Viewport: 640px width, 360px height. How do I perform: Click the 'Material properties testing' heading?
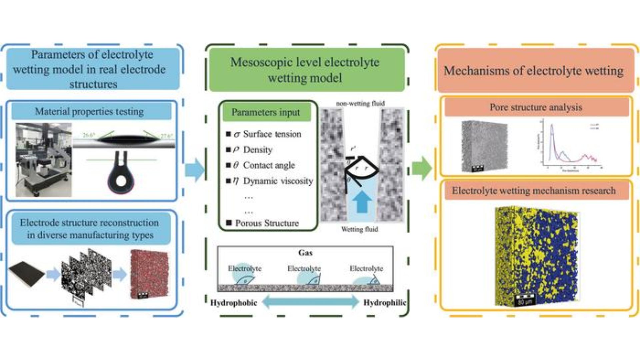[x=89, y=111]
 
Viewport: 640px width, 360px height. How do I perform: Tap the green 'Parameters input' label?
[x=266, y=112]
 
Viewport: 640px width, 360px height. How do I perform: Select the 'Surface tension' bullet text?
[x=272, y=134]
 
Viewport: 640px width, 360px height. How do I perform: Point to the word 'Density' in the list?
[x=258, y=150]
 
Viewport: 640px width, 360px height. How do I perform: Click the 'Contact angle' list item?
[x=269, y=165]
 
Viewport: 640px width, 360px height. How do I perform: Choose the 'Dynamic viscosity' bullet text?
[x=278, y=181]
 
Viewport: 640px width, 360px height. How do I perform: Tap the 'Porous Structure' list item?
[x=267, y=223]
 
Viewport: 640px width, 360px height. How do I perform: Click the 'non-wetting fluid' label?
[x=360, y=103]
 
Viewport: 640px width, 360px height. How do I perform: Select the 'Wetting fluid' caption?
[x=360, y=229]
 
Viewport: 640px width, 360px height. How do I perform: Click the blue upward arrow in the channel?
[x=362, y=201]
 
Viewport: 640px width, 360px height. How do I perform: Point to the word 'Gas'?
[x=305, y=253]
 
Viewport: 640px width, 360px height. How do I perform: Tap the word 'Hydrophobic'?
[x=234, y=303]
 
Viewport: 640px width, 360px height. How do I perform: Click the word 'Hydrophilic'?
[x=385, y=303]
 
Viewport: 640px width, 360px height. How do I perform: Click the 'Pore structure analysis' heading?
[x=536, y=107]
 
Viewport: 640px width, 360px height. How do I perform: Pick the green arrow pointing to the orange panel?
[x=422, y=168]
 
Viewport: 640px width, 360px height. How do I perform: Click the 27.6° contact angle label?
[x=166, y=136]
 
